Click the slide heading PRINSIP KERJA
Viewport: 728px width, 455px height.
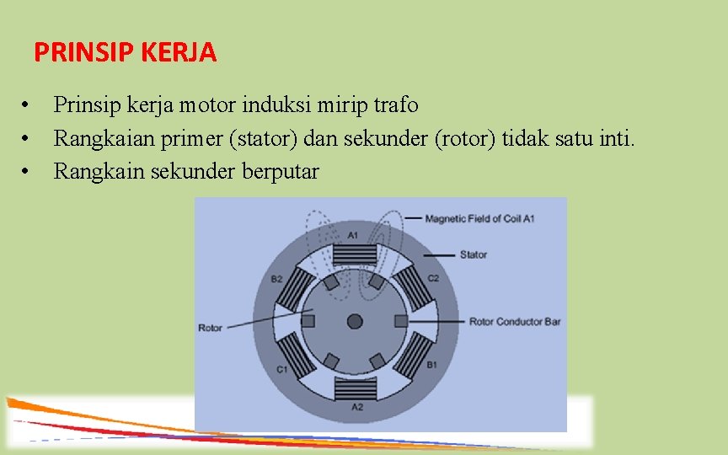(125, 53)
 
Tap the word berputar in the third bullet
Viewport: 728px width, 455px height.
(281, 172)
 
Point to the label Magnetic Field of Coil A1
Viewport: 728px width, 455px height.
(479, 219)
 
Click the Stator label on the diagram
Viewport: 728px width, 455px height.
(473, 254)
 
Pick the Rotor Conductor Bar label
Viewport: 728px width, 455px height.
(514, 321)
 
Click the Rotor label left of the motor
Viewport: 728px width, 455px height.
(210, 327)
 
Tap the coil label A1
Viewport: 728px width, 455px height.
(353, 234)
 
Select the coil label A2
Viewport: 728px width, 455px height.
(356, 408)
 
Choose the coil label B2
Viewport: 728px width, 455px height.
(276, 279)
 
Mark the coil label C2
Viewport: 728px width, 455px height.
(433, 277)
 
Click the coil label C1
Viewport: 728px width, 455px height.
(281, 369)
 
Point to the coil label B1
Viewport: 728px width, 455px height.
(431, 365)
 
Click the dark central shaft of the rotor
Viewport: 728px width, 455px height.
(355, 321)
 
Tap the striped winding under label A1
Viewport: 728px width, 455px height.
(354, 253)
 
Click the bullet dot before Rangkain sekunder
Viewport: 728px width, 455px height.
(27, 172)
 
